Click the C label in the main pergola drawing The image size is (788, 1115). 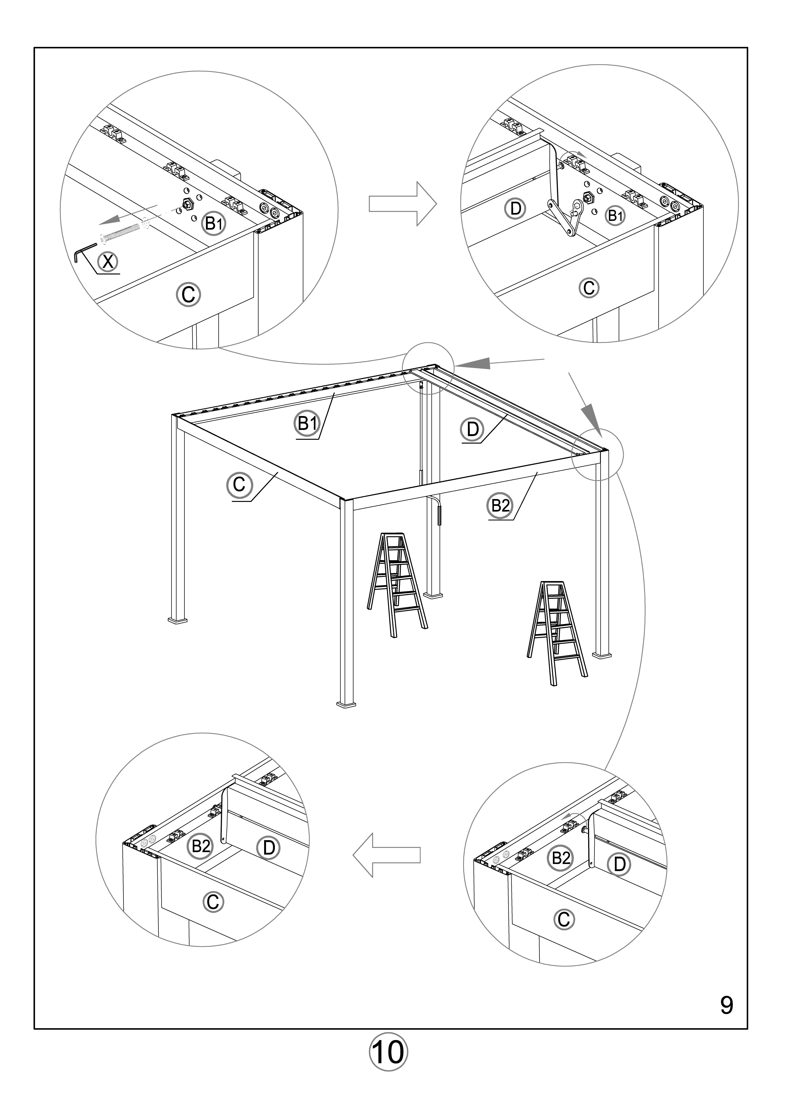[239, 485]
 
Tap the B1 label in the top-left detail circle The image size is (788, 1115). [214, 223]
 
